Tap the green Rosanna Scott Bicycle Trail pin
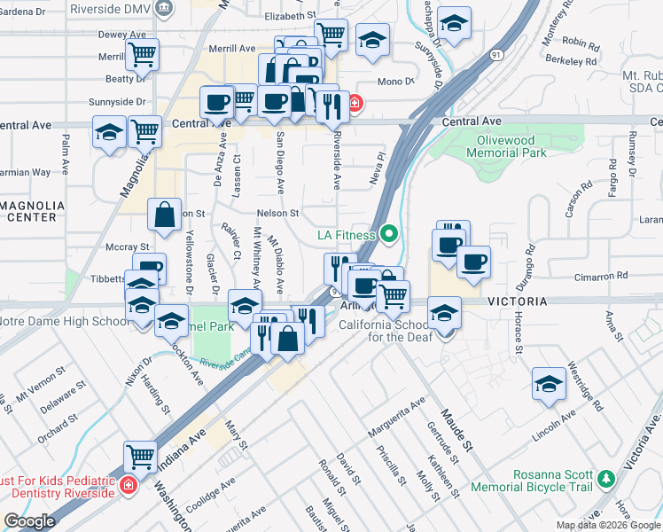[606, 479]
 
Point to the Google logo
[28, 521]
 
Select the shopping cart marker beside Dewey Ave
[142, 54]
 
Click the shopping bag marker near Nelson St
[165, 215]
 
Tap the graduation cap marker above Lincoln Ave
[549, 383]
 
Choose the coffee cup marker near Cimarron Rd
[473, 262]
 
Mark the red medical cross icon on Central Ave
[355, 103]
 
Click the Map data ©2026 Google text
[607, 525]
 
